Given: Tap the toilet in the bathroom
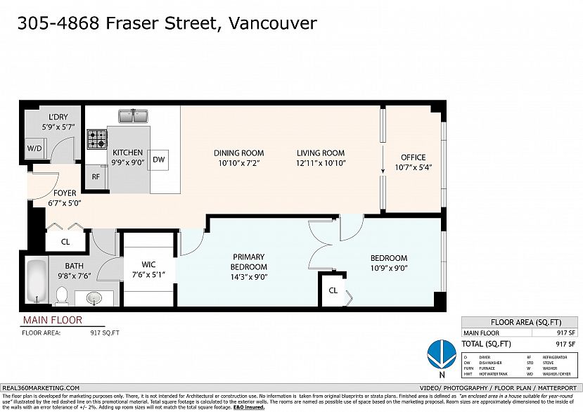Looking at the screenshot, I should tap(61, 296).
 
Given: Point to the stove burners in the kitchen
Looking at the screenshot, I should tap(96, 139).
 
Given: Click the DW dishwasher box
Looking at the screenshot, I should tap(159, 160).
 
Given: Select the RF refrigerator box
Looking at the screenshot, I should tap(96, 177).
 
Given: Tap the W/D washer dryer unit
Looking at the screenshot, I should tap(34, 149).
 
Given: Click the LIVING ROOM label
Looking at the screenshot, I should tap(320, 153).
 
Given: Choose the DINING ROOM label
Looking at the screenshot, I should tap(239, 153).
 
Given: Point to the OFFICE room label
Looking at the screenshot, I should tap(413, 157).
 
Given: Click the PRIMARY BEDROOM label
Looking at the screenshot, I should tap(249, 262).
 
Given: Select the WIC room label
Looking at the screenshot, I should tap(148, 264).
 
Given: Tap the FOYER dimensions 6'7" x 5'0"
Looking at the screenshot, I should tap(65, 203).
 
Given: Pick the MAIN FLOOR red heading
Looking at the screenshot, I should tap(53, 321).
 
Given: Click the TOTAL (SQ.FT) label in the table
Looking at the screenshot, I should tap(488, 344).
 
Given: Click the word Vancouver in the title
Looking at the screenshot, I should tap(273, 22).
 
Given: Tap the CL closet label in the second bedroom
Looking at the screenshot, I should tap(333, 290).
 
